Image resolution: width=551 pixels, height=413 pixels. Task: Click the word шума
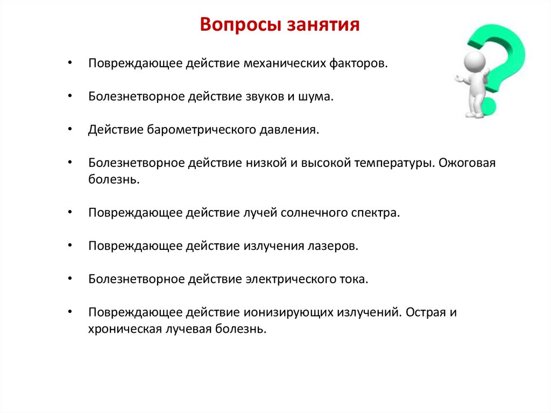[321, 97]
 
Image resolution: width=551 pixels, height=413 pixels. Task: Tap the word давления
[291, 130]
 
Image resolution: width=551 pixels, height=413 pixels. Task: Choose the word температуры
[394, 163]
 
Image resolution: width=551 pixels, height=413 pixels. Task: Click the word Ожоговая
[467, 163]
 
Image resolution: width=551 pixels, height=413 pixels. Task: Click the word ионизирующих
[289, 312]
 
